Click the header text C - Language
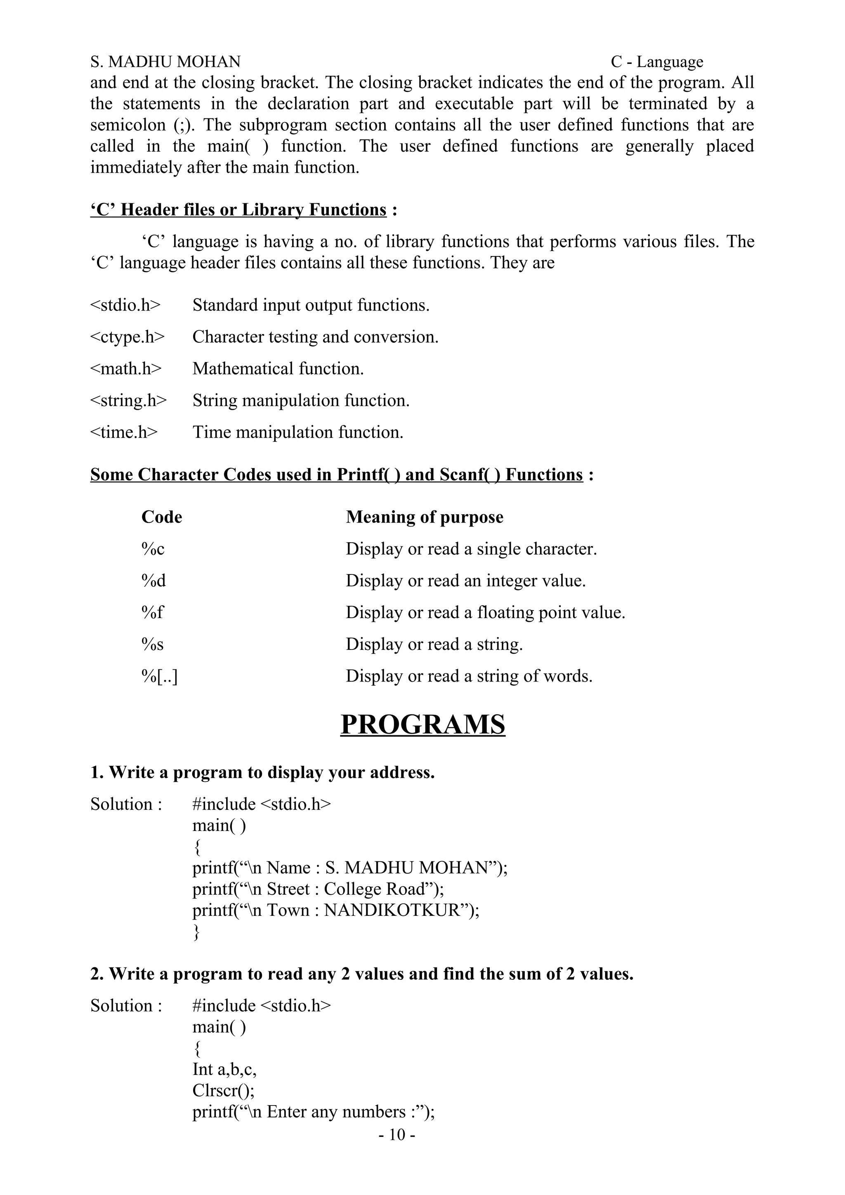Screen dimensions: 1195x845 point(656,62)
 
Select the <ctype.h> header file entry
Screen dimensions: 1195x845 point(127,337)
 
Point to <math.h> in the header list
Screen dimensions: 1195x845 point(126,369)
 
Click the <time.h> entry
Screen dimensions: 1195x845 point(124,432)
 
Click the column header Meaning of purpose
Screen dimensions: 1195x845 point(424,517)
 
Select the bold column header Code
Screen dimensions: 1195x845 point(161,517)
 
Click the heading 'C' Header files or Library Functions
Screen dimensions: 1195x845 point(238,210)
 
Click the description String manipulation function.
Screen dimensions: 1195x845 point(301,400)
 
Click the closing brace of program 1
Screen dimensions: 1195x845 point(196,932)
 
